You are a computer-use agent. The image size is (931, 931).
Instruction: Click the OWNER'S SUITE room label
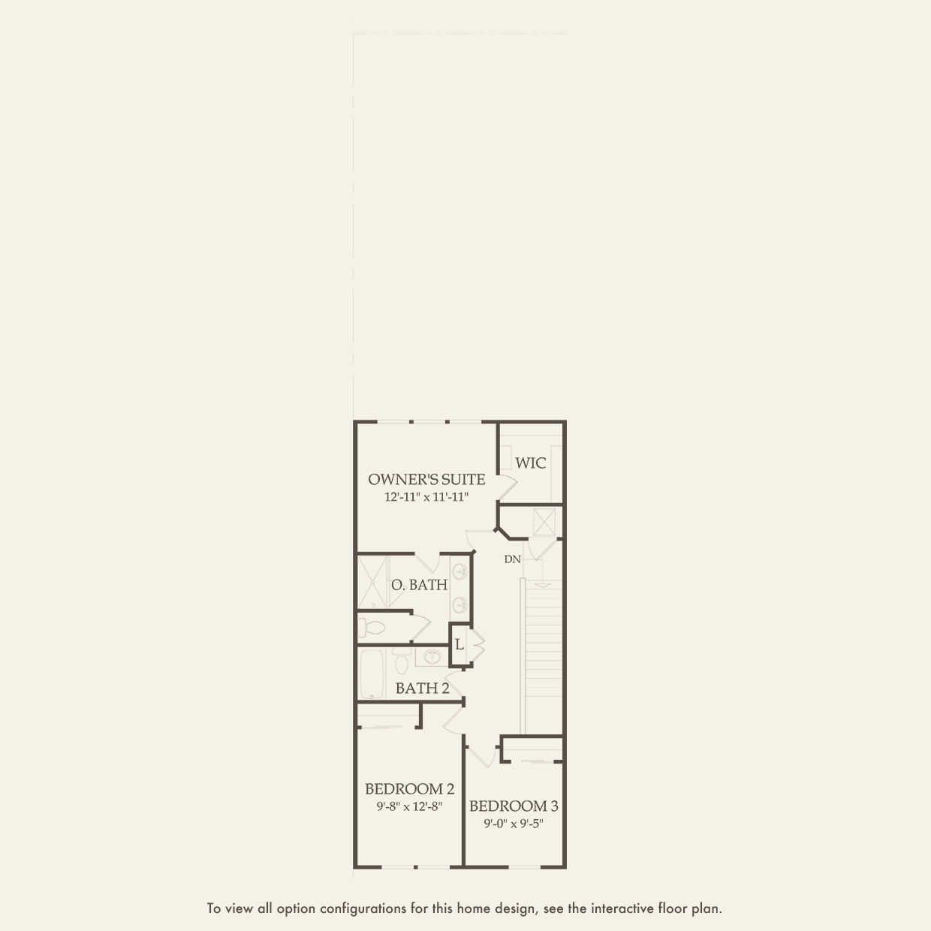(426, 479)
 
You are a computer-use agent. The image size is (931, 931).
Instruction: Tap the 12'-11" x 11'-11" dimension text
(426, 497)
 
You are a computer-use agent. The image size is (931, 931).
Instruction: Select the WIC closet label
(531, 462)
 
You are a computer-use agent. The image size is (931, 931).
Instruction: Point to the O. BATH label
(419, 585)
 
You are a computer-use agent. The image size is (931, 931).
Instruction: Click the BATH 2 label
(422, 688)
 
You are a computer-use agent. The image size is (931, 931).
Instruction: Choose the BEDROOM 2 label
(410, 789)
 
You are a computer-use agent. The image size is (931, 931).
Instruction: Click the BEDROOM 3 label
(514, 806)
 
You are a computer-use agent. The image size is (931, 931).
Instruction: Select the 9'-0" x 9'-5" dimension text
(514, 824)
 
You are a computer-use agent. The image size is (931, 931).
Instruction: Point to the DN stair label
(513, 559)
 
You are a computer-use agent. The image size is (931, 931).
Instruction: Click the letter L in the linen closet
(459, 644)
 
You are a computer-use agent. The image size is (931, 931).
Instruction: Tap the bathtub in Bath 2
(372, 673)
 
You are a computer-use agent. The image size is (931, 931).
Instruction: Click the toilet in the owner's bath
(371, 628)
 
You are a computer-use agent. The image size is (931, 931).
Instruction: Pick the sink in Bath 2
(432, 657)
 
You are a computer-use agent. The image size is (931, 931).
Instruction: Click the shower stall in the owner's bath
(373, 582)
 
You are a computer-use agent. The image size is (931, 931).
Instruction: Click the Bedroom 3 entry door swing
(481, 755)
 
